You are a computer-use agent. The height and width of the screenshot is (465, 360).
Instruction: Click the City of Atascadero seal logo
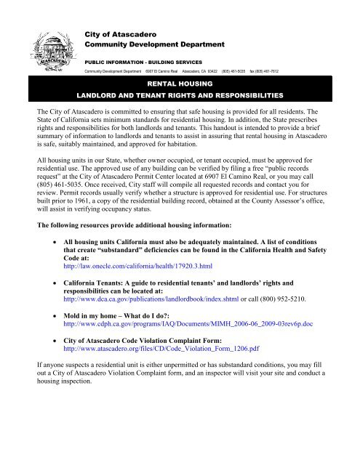[45, 54]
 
